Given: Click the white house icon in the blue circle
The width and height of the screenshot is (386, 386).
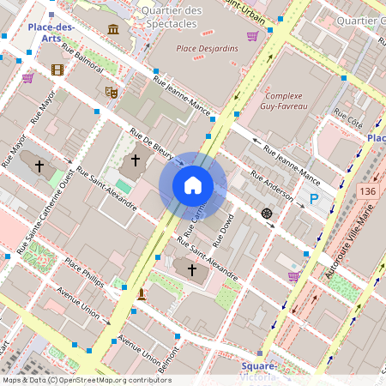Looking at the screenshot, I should (x=193, y=184).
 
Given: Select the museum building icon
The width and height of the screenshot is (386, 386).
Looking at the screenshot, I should (x=113, y=30).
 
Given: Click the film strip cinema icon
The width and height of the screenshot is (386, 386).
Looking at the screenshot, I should (x=57, y=69).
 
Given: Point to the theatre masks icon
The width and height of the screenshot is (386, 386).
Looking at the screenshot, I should (x=110, y=91).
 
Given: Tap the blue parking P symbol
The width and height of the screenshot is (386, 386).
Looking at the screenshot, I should (x=314, y=199).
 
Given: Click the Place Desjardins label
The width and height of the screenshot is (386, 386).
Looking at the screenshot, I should (x=207, y=48).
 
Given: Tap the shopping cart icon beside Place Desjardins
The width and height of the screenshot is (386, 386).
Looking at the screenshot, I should (x=252, y=36).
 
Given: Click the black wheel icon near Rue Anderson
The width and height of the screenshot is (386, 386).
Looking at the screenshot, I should (x=266, y=213).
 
